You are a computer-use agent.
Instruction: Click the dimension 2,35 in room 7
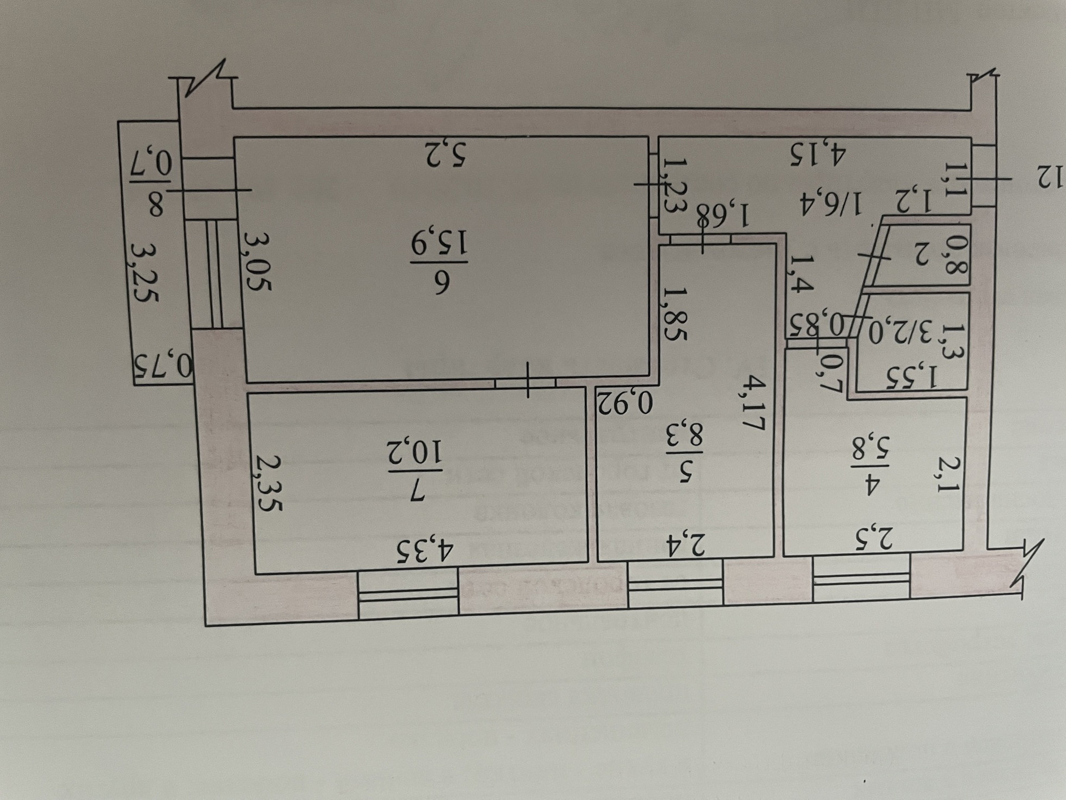point(269,483)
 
